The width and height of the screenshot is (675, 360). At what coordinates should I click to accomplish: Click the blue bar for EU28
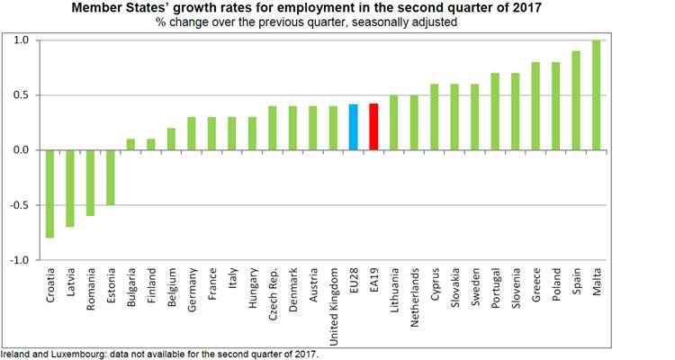(354, 127)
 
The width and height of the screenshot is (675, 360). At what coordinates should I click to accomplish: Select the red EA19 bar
(373, 127)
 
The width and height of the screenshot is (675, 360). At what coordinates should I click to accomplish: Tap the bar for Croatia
(50, 193)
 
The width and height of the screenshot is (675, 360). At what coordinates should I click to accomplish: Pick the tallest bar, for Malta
(596, 95)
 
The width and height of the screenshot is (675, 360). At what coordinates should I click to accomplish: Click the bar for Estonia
(111, 177)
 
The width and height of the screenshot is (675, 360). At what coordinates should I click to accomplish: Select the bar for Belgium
(171, 139)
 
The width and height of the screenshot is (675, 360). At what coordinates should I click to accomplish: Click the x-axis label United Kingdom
(334, 301)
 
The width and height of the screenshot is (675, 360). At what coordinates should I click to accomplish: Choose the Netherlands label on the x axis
(415, 298)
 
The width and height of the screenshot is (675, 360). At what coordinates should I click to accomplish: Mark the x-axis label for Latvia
(71, 283)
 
